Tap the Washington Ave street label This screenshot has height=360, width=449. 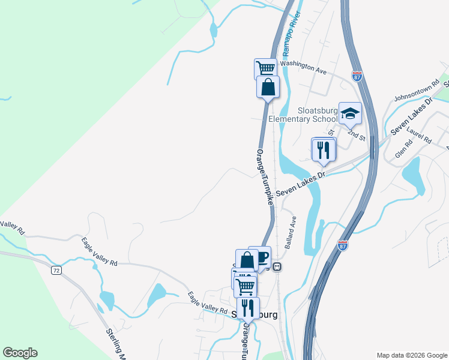point(303,67)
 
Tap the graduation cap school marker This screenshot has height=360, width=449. point(350,113)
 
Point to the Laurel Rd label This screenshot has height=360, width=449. point(420,133)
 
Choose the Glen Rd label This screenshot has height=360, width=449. point(405,146)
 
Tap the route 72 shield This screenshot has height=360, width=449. point(56,271)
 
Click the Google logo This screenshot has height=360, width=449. point(20,353)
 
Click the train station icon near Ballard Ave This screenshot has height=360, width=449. point(277,266)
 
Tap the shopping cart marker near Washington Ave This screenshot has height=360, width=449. point(265,68)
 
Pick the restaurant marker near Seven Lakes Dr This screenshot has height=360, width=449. point(323,149)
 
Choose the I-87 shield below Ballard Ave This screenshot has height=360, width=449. point(343,244)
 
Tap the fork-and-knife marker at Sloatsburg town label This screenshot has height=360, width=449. point(247,308)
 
